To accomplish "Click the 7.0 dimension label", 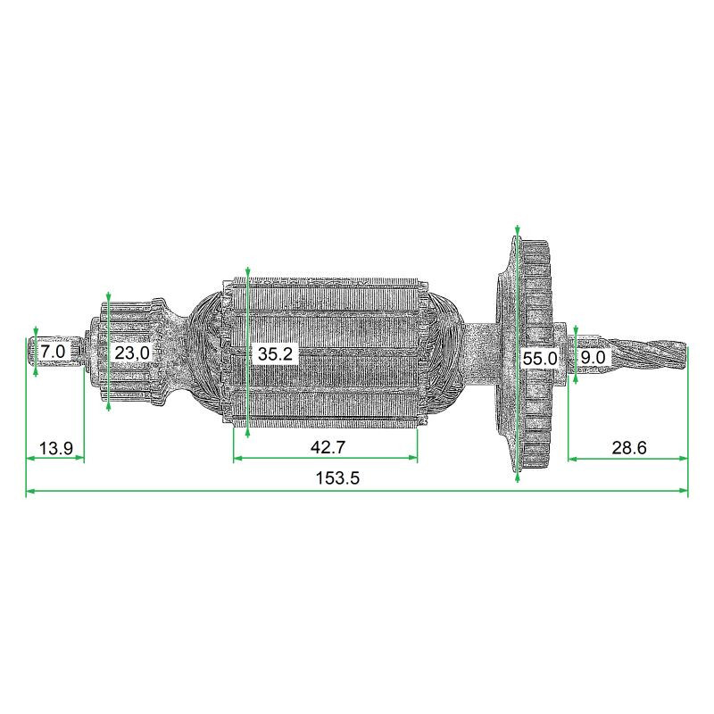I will [x=53, y=353].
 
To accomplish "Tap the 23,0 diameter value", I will [x=132, y=353].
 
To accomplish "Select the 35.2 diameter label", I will [x=275, y=353].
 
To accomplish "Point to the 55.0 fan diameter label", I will [x=539, y=359].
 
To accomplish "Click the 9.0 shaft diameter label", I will [x=593, y=358].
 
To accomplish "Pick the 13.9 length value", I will [x=55, y=448].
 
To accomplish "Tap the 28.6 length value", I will [x=628, y=448].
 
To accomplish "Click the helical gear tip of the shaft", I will [x=652, y=355].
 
